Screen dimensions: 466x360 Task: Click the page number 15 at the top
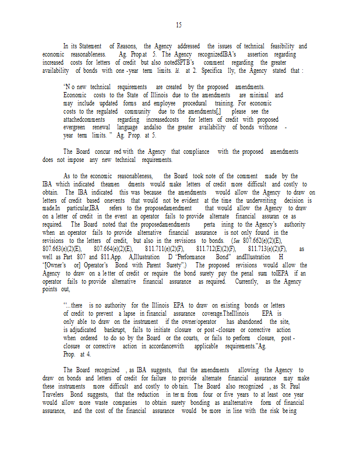pyautogui.click(x=178, y=24)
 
